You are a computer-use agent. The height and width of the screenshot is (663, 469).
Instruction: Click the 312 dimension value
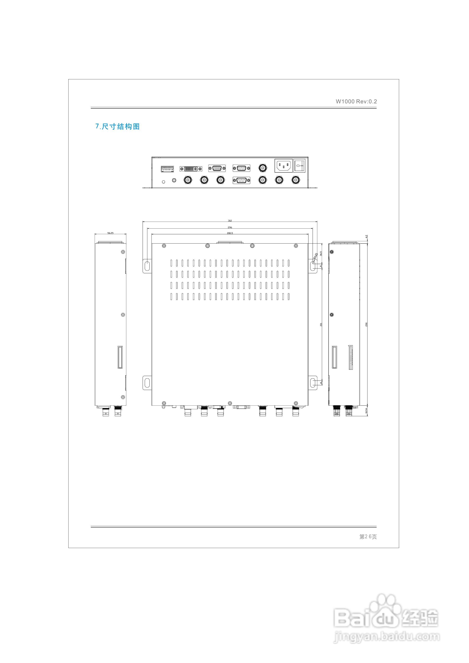(230, 221)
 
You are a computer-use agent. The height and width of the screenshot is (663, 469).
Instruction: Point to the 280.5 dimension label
(230, 233)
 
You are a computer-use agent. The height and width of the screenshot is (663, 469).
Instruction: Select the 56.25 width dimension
(110, 233)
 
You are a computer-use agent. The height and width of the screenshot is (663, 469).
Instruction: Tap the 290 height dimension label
(366, 324)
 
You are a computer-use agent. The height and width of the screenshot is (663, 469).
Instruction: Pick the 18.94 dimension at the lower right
(366, 411)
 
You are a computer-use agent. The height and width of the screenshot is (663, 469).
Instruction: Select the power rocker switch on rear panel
(299, 166)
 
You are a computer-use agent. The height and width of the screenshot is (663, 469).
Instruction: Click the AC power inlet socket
(283, 166)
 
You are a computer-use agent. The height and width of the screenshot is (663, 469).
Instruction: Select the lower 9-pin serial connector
(241, 181)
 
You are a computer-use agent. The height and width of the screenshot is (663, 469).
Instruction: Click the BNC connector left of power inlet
(262, 168)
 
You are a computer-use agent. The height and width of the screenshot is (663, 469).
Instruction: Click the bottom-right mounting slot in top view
(313, 383)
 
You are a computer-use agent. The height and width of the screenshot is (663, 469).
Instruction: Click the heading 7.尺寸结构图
(118, 127)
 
